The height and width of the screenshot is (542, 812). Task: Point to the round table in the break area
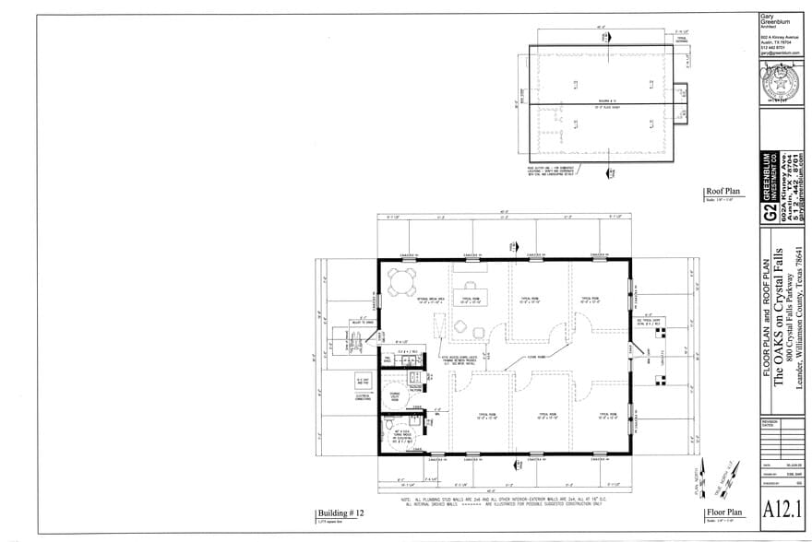tap(402, 281)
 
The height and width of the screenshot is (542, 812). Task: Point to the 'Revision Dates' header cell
tap(771, 424)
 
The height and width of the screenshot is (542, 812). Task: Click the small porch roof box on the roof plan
tap(681, 93)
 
